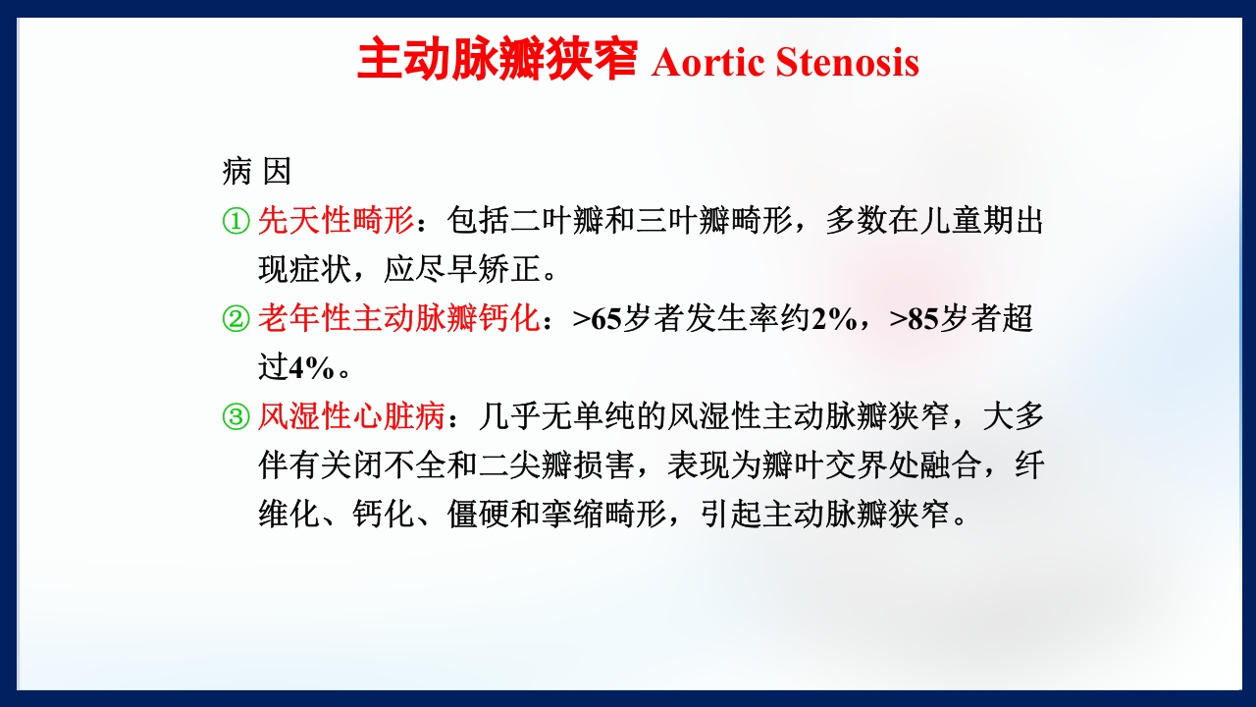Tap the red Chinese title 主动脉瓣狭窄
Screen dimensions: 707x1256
point(497,60)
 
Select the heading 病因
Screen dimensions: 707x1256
point(257,172)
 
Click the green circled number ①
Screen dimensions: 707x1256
point(235,221)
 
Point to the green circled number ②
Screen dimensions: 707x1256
point(235,319)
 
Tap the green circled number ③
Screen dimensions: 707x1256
point(235,417)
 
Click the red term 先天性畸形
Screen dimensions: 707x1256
point(336,221)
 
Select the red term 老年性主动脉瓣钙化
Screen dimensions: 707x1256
point(398,319)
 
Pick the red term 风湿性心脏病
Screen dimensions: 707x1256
point(351,417)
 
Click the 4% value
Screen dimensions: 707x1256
point(312,367)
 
